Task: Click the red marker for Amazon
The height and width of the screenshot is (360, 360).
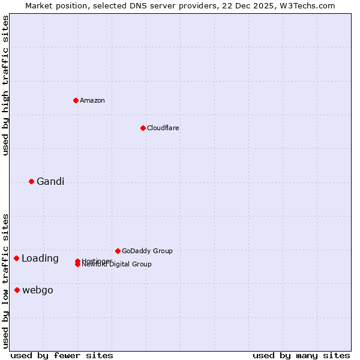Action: click(76, 100)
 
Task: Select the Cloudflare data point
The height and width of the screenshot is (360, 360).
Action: click(143, 128)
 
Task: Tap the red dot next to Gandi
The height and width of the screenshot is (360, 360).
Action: click(31, 181)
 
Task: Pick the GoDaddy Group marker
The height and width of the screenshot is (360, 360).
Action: click(118, 251)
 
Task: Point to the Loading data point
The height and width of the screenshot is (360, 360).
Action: click(16, 258)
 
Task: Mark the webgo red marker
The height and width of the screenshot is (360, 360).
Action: click(17, 290)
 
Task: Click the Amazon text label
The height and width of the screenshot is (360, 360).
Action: click(92, 100)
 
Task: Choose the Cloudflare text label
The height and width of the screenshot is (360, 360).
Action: click(163, 128)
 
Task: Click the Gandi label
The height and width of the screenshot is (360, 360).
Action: click(50, 182)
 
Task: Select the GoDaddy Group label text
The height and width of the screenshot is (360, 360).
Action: click(147, 251)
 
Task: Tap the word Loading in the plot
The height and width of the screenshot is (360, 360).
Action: click(40, 259)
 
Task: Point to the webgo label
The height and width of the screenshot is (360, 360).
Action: click(38, 290)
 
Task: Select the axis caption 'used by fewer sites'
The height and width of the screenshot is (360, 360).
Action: click(62, 356)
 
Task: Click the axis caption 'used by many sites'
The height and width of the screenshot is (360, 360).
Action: click(301, 356)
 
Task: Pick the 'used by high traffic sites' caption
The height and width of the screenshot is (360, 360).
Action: click(6, 85)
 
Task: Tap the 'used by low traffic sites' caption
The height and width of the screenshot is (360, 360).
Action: click(6, 281)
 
